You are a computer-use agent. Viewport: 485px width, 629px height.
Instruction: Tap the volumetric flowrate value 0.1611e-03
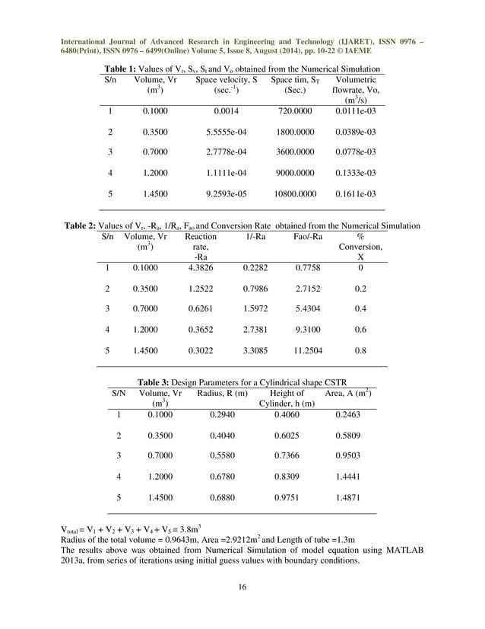(356, 194)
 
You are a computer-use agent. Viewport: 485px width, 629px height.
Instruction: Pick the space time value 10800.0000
(294, 194)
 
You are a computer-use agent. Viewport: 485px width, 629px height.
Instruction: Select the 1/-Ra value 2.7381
(255, 330)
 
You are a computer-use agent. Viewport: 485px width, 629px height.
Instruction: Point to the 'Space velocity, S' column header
(226, 79)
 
